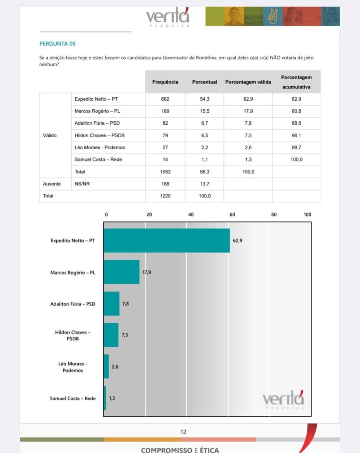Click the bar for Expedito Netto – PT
pos(167,241)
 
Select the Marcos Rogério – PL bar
pos(122,272)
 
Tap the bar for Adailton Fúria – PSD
pos(111,303)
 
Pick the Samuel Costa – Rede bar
pos(105,398)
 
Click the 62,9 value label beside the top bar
pos(237,241)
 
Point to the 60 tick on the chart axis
pos(232,215)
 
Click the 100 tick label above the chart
pos(307,215)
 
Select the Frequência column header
pos(165,82)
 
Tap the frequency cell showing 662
pos(165,99)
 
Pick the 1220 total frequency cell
pos(165,196)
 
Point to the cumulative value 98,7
pos(296,147)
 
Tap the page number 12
pos(183,432)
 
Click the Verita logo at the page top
pos(168,17)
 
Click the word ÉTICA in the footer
pos(207,450)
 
